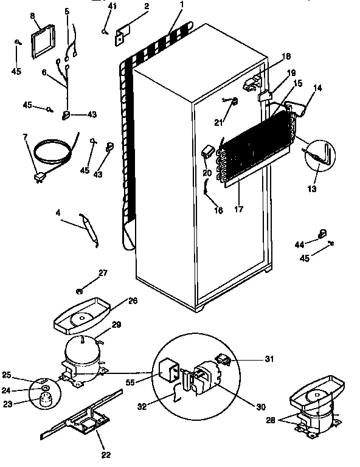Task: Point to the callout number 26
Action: click(x=133, y=300)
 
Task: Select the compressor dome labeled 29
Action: click(x=81, y=351)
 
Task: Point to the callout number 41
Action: click(x=111, y=6)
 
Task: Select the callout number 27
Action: click(x=103, y=273)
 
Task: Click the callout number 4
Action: click(x=58, y=213)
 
